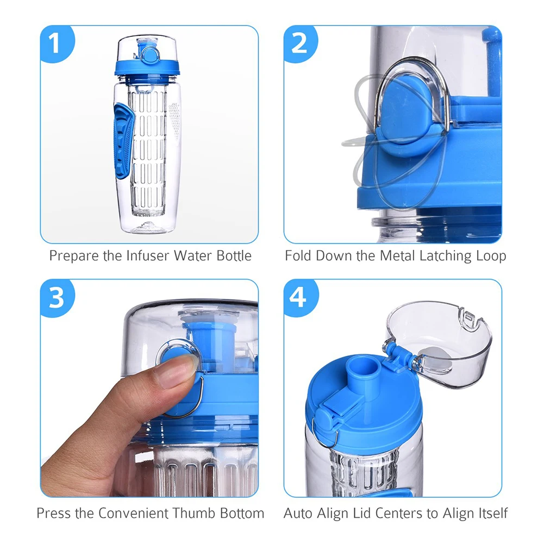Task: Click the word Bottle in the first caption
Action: [234, 255]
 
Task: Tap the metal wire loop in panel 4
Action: [325, 434]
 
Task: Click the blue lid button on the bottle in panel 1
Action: [150, 54]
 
